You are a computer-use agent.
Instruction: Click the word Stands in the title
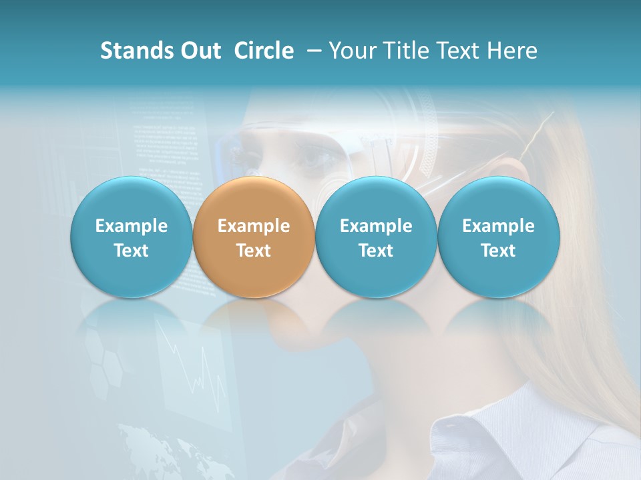pos(136,51)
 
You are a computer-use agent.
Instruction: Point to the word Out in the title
pos(199,51)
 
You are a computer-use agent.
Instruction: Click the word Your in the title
pos(353,51)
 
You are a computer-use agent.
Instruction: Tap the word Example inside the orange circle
pos(254,227)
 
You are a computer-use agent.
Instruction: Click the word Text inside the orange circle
pos(254,251)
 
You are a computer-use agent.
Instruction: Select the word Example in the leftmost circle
pos(131,227)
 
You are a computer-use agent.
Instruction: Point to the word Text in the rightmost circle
pos(498,251)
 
